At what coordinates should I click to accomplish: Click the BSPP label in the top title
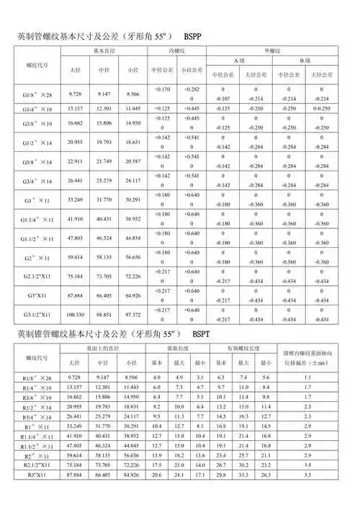(x=198, y=35)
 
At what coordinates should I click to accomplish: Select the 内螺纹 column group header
(x=179, y=52)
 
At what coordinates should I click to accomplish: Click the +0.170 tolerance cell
(x=163, y=89)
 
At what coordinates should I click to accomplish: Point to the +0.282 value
(x=192, y=89)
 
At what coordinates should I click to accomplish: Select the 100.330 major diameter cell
(x=75, y=315)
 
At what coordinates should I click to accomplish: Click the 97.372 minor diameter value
(x=132, y=315)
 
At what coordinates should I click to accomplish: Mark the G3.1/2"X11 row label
(x=37, y=315)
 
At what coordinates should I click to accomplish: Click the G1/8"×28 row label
(x=37, y=94)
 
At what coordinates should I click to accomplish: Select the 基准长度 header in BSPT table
(x=176, y=348)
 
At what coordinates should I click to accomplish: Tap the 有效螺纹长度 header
(x=244, y=348)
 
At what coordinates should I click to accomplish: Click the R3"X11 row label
(x=37, y=495)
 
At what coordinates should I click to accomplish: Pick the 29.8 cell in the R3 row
(x=222, y=495)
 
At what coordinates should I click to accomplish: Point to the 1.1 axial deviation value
(x=307, y=377)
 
